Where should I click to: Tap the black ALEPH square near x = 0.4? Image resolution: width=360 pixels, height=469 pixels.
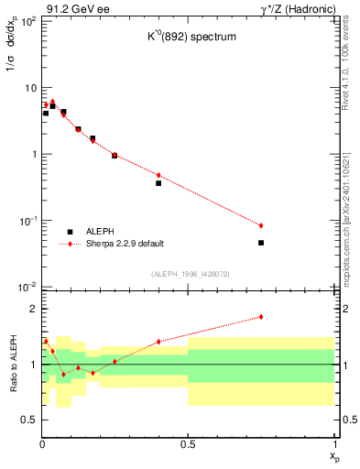pos(158,183)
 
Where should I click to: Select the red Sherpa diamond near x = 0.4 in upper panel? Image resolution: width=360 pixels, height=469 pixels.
pos(158,175)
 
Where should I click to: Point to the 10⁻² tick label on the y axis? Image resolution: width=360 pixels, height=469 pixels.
pos(27,287)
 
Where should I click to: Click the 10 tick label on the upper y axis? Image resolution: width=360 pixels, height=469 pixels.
pos(29,88)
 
